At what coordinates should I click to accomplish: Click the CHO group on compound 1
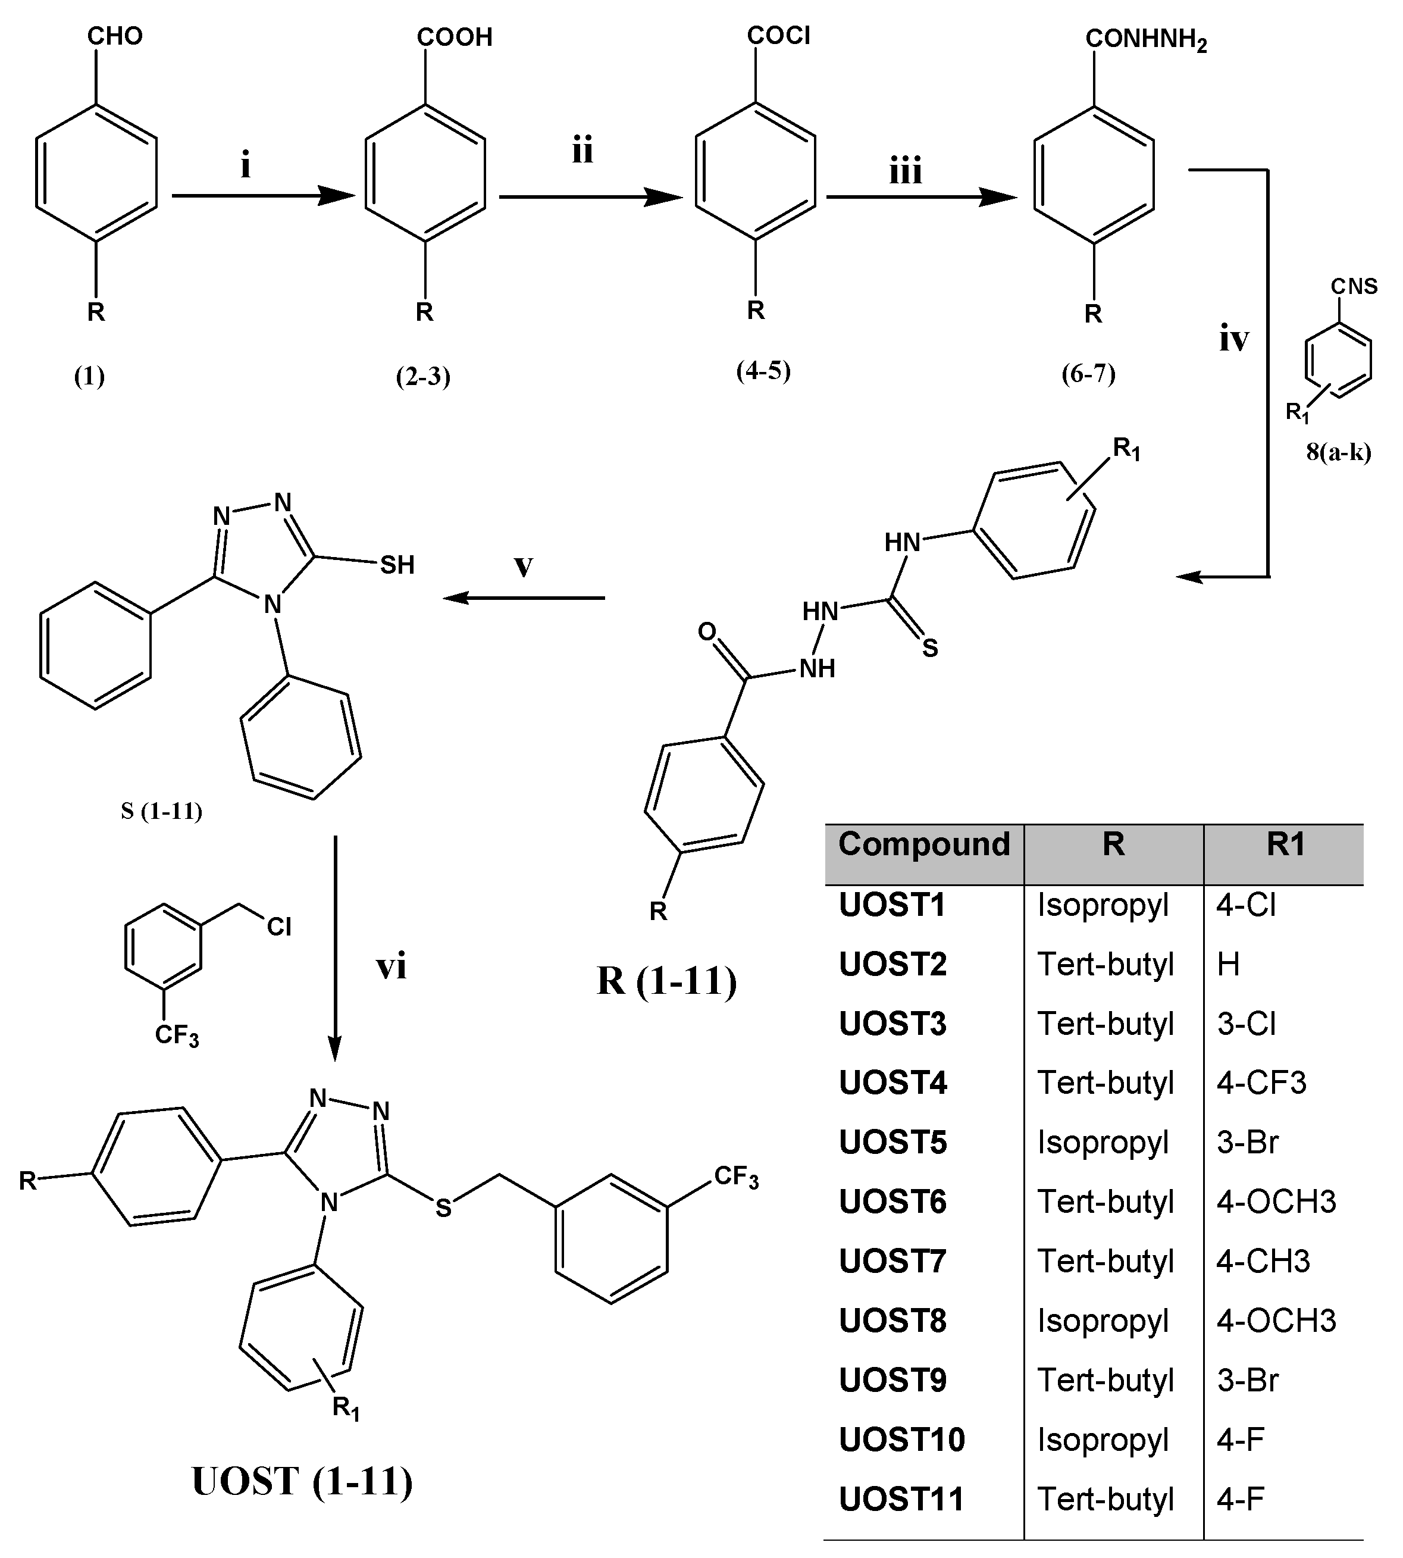tap(115, 36)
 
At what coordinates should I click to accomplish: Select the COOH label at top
tap(454, 37)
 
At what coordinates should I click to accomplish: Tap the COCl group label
tap(779, 36)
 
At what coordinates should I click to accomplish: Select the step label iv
tap(1233, 339)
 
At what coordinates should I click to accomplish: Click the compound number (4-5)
tap(763, 371)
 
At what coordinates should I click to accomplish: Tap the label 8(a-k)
tap(1338, 452)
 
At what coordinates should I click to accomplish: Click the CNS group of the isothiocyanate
tap(1354, 287)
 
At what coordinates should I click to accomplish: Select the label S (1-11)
tap(161, 811)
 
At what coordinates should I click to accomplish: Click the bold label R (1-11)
tap(667, 981)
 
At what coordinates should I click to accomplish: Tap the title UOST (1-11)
tap(302, 1481)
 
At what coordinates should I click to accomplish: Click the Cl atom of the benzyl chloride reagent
tap(279, 927)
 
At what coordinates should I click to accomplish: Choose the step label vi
tap(391, 966)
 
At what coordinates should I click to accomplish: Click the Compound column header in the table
tap(923, 844)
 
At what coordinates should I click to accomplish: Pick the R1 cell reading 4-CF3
tap(1261, 1083)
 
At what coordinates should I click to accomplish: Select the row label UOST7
tap(892, 1261)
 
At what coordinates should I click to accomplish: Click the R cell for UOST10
tap(1103, 1440)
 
